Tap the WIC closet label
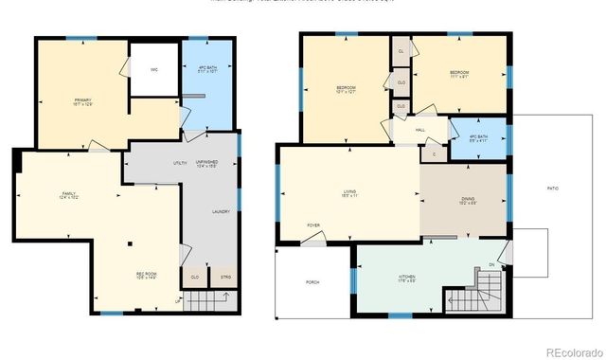point(152,69)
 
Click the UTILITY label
point(180,163)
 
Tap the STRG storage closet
point(224,278)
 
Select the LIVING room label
point(349,192)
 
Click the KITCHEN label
point(406,278)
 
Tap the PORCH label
point(312,282)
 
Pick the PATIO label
point(552,189)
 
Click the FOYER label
point(313,225)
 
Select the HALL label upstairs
point(419,130)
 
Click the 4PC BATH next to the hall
point(478,136)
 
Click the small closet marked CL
point(401,51)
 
